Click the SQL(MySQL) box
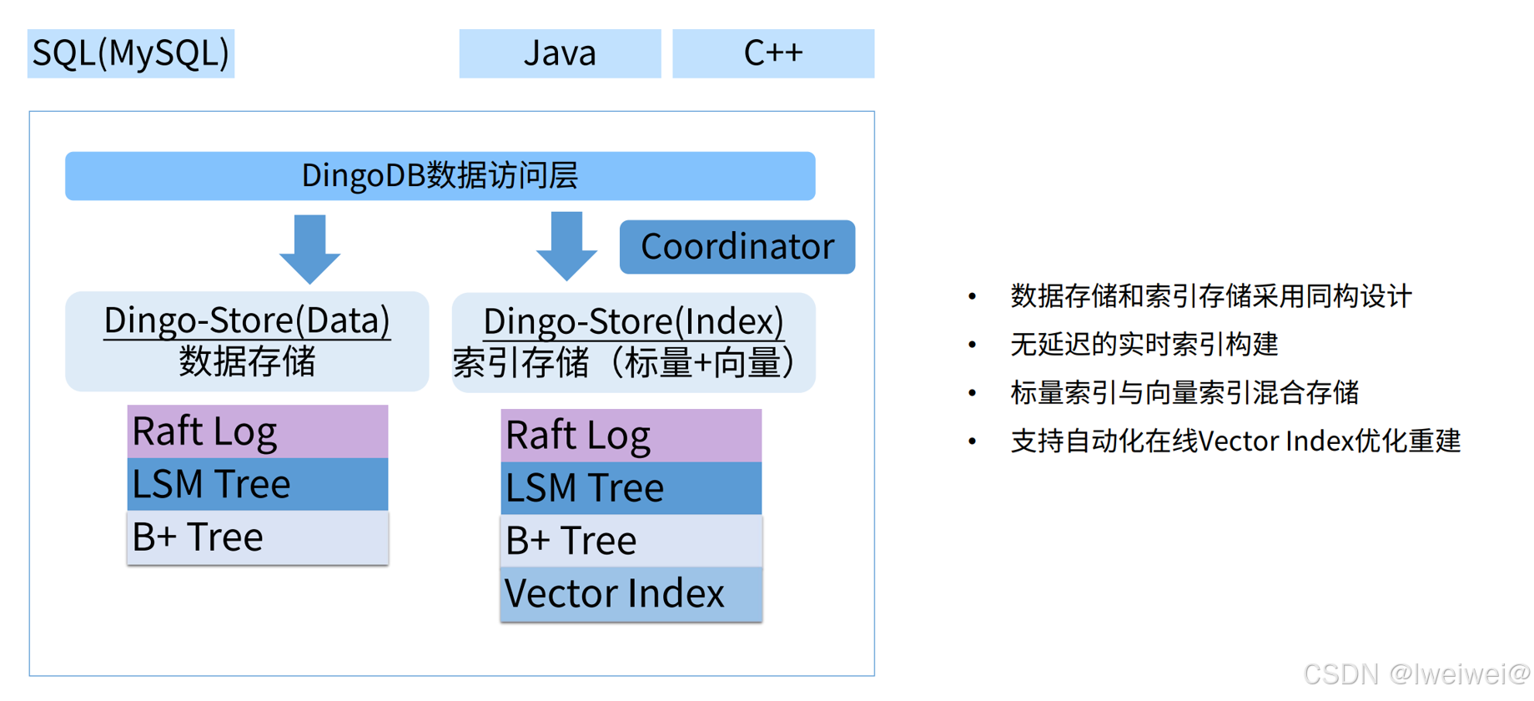[131, 53]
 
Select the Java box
[560, 53]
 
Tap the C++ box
[773, 53]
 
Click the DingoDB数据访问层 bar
[440, 176]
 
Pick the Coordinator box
[737, 247]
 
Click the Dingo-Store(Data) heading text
[247, 320]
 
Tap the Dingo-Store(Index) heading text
[633, 321]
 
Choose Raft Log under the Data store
[257, 431]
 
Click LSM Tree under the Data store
[257, 484]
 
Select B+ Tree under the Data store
[257, 537]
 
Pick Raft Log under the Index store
[631, 436]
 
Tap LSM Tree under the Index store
[631, 488]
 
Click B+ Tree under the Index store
[631, 541]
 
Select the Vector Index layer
[631, 594]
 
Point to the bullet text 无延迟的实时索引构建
[1144, 345]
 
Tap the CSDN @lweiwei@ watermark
[1416, 673]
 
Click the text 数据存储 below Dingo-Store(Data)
[247, 362]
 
